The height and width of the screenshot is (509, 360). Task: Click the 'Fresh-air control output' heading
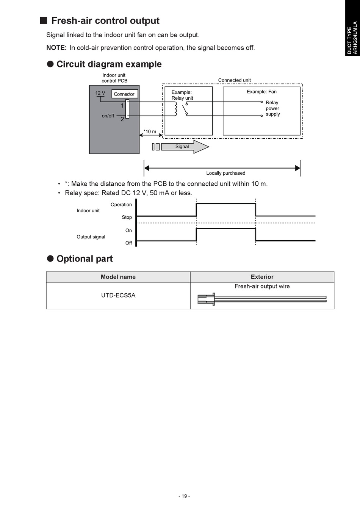(x=105, y=21)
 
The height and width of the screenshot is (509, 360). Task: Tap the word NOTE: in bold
(x=56, y=48)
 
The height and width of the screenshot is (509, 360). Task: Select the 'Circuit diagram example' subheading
(x=109, y=64)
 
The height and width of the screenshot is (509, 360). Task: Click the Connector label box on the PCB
(x=124, y=94)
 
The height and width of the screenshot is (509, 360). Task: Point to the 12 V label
(x=100, y=93)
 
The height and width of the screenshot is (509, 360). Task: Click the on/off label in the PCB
(x=108, y=116)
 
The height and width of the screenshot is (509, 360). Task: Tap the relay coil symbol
(x=175, y=109)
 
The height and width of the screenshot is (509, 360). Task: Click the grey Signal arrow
(x=185, y=147)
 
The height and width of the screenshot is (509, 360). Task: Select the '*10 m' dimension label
(x=150, y=132)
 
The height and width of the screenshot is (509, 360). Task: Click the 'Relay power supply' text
(x=272, y=108)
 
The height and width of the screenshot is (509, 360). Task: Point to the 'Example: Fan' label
(x=261, y=92)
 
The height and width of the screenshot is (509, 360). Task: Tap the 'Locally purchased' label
(x=226, y=173)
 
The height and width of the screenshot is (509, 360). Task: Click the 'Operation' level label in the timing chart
(x=121, y=205)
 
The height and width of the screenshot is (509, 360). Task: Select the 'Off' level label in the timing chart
(x=129, y=243)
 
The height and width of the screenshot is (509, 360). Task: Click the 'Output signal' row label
(x=91, y=237)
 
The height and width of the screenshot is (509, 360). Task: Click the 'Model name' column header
(x=118, y=277)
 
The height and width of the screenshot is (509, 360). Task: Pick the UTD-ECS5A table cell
(x=118, y=295)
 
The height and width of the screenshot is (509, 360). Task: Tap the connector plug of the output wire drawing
(x=206, y=299)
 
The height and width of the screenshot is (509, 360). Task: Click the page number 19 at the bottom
(x=185, y=496)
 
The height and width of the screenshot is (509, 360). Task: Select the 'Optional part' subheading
(x=85, y=259)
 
